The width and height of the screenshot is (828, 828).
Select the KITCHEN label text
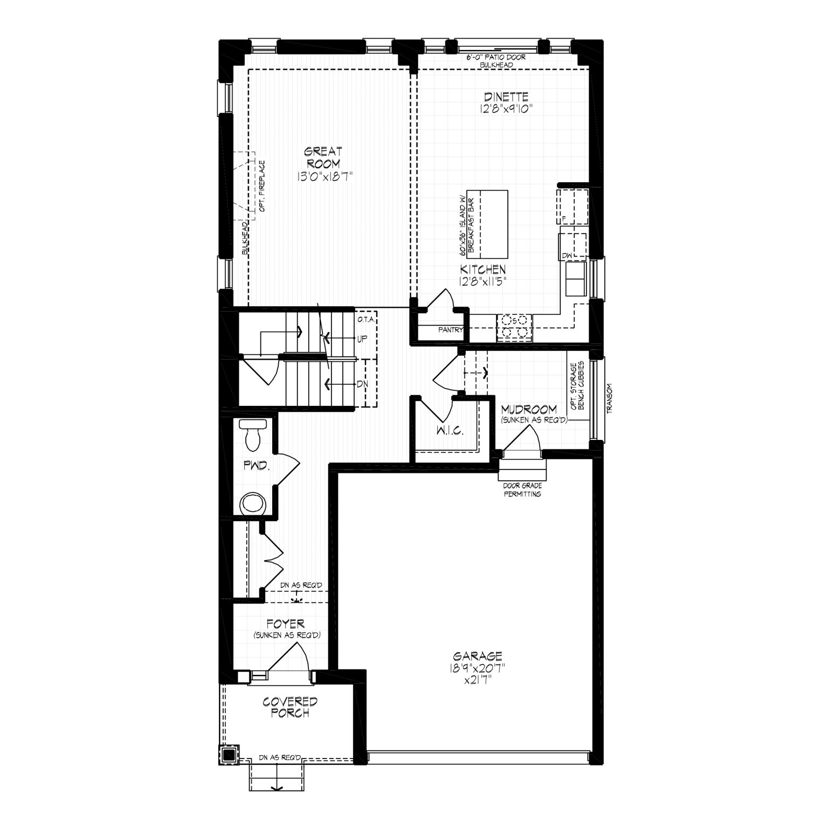coord(482,269)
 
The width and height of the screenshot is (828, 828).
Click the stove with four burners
coord(514,327)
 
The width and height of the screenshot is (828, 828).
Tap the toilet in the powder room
coord(252,434)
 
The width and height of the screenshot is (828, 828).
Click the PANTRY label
coord(451,329)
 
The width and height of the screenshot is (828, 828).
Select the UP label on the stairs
coord(362,340)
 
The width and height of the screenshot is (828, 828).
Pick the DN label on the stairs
coord(362,384)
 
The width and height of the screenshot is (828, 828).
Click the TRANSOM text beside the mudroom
coord(610,398)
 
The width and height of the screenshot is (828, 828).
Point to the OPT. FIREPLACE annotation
coord(263,185)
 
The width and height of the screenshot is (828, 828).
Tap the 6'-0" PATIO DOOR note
coord(496,57)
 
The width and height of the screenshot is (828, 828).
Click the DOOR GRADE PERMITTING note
coord(522,489)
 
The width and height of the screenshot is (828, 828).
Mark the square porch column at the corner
coord(229,754)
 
